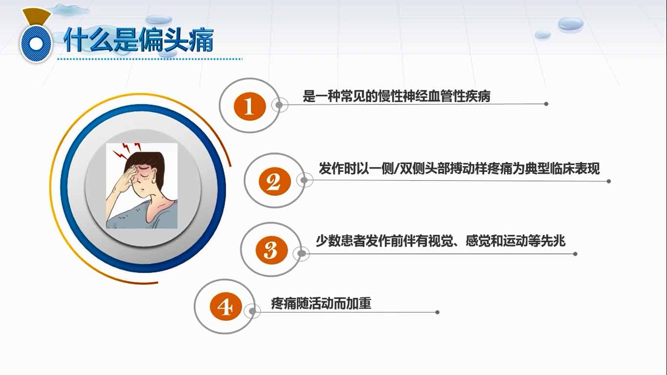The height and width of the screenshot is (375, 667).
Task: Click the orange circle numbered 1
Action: point(250,106)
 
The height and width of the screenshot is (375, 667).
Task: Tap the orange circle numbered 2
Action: point(275,181)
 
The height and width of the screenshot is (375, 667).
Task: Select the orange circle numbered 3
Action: point(271,250)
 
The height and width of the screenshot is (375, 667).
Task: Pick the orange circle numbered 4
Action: point(226,306)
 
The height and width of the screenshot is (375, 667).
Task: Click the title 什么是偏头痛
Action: point(139,40)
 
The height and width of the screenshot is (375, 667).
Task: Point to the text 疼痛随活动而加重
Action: point(321,304)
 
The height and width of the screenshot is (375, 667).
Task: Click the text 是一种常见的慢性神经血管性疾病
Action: point(396,96)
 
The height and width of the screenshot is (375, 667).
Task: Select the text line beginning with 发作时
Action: point(459,168)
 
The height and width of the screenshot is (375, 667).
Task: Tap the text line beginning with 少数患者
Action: point(440,241)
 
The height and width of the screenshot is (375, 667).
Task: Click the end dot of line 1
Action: point(546,104)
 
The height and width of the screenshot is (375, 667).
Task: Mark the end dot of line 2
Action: point(608,181)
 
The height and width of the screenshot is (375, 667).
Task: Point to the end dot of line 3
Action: point(575,254)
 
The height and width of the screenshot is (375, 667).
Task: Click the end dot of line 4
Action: point(438,312)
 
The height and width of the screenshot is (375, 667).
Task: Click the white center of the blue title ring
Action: point(36,44)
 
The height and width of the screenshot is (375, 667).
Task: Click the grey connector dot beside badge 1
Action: point(279,105)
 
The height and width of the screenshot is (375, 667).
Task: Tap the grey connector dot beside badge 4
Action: point(252,312)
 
